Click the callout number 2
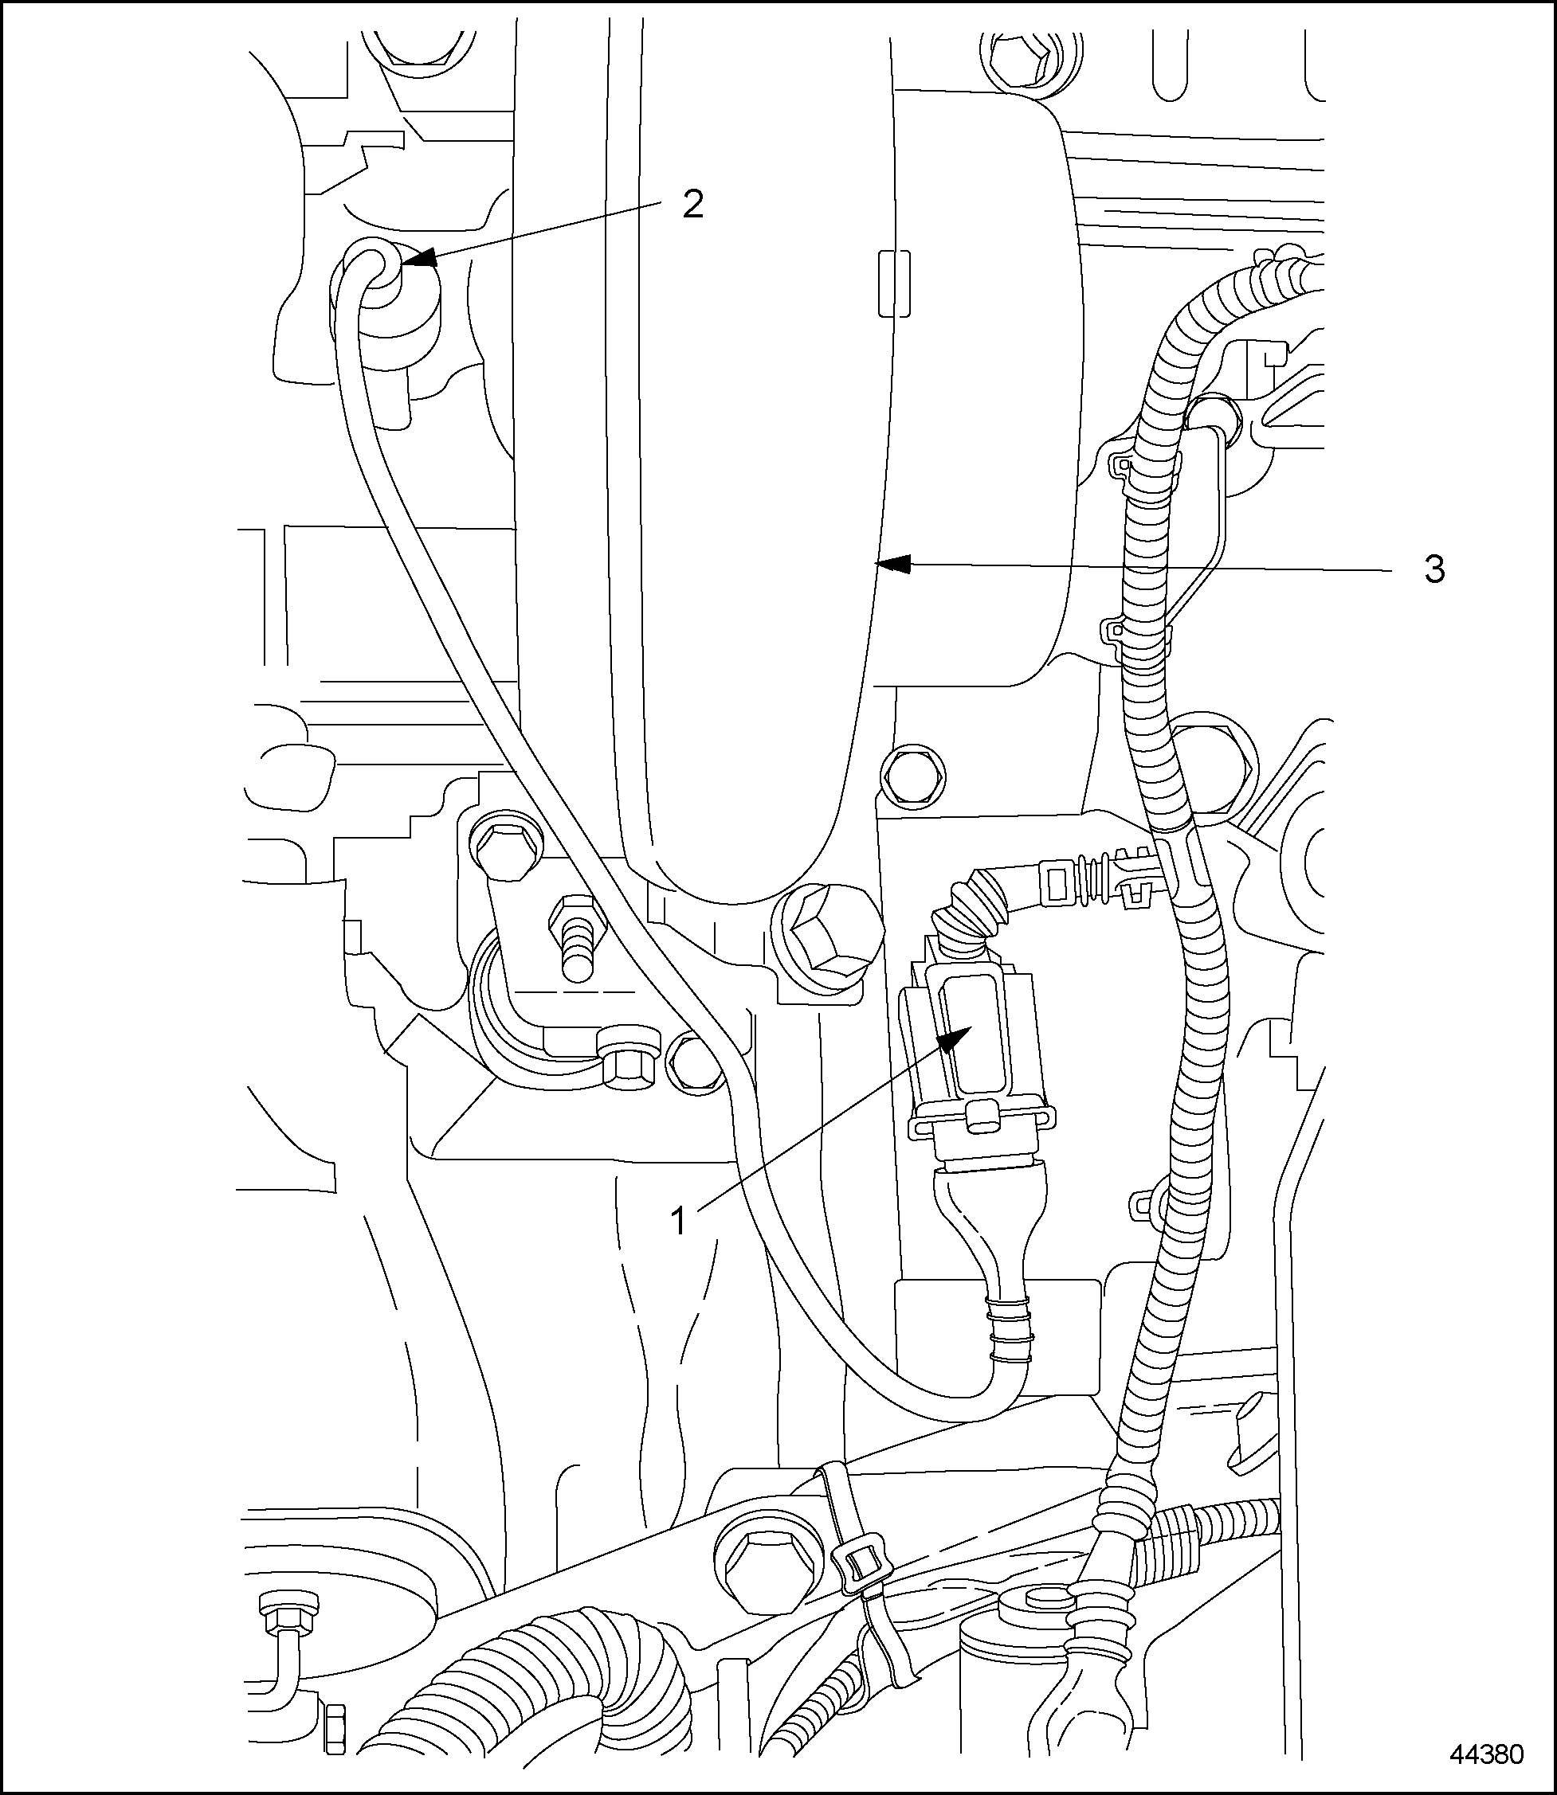tap(692, 205)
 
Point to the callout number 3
tap(1434, 569)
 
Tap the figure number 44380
tap(1486, 1755)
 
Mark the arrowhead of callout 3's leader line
tap(890, 565)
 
